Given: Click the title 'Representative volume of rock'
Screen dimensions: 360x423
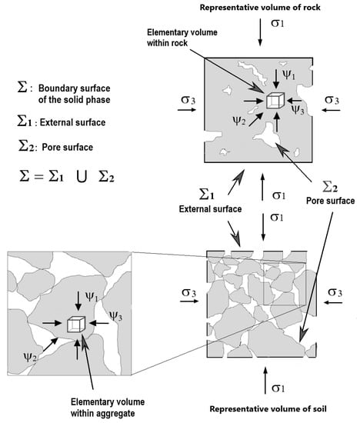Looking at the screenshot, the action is [x=260, y=7].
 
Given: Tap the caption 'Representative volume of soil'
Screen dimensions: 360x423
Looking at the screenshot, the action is [x=268, y=409].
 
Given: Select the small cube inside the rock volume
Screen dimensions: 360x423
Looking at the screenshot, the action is [x=275, y=101].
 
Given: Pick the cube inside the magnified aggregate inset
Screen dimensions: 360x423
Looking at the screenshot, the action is [x=76, y=324].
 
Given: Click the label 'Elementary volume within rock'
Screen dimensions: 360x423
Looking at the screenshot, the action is [x=182, y=38].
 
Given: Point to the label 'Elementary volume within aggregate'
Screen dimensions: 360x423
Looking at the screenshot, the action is [x=108, y=408].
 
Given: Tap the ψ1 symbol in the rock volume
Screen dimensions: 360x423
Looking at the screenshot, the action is [x=288, y=75].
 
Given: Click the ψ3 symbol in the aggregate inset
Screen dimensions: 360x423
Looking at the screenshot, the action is [x=115, y=316].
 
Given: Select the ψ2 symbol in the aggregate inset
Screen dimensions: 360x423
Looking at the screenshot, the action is [x=30, y=357].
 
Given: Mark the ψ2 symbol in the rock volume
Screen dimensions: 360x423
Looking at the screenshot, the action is [x=239, y=121].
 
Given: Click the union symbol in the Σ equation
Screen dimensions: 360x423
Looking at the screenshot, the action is [x=82, y=177].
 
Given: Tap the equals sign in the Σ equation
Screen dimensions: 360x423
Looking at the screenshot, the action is [x=39, y=177].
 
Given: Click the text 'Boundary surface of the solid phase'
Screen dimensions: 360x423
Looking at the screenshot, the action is [x=74, y=94].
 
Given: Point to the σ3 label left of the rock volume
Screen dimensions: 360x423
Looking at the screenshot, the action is [x=188, y=100].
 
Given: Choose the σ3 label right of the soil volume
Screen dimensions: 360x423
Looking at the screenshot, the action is [x=335, y=292].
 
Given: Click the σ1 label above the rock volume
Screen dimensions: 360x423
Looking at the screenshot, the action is [x=278, y=23].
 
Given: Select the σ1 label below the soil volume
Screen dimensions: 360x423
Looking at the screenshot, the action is [x=278, y=388].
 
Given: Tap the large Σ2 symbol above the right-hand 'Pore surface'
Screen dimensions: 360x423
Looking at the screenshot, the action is [x=330, y=186].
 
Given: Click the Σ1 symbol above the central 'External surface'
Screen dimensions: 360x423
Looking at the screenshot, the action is [x=206, y=194].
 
